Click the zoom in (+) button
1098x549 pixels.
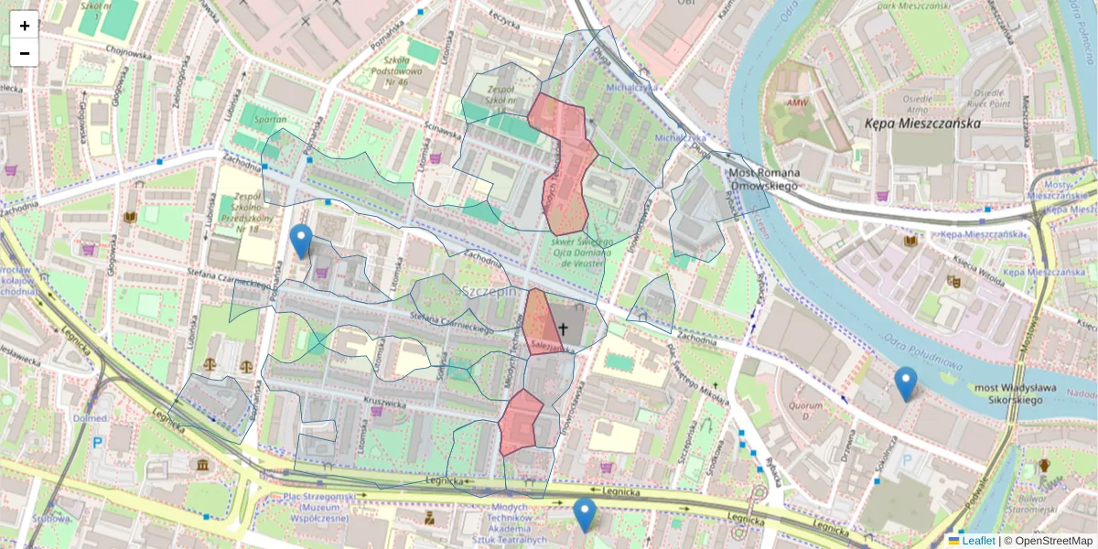25,26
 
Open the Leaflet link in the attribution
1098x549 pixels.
977,541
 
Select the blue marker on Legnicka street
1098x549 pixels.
584,513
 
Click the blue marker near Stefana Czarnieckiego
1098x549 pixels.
300,240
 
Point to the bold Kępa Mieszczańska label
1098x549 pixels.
922,123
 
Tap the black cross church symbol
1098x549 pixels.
563,328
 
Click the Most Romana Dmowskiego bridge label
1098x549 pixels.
764,179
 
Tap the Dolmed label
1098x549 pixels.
91,417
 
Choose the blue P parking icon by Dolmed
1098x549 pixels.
97,442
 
